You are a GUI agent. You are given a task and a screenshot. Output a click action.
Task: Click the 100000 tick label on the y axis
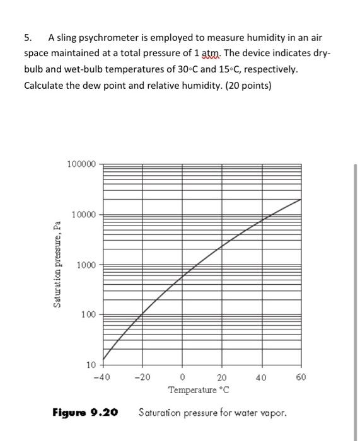(x=81, y=164)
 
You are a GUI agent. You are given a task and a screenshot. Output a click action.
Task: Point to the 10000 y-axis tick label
(x=84, y=215)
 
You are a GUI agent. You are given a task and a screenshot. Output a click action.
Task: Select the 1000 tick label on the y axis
(x=86, y=265)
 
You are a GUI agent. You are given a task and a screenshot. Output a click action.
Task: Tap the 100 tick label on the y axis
(x=89, y=314)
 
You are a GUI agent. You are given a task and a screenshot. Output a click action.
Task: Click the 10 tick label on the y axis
(x=91, y=365)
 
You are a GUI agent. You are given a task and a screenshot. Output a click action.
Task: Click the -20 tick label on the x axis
(x=142, y=378)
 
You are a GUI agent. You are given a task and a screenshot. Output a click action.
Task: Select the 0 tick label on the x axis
(x=183, y=378)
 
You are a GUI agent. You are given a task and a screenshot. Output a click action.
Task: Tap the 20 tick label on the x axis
(x=221, y=378)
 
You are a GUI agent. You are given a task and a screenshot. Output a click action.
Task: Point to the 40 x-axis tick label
(x=261, y=378)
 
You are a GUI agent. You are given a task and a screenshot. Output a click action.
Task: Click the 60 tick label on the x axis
(x=301, y=378)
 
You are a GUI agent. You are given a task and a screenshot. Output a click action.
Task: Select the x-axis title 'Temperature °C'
(x=199, y=390)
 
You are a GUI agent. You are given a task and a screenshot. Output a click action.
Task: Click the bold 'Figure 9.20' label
(x=85, y=413)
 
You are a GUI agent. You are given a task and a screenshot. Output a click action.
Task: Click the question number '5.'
(x=28, y=38)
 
